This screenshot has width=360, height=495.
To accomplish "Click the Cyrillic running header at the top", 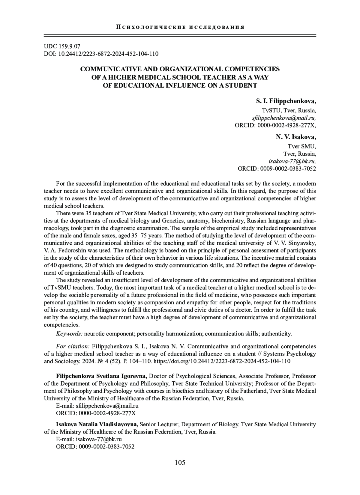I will tap(180, 27).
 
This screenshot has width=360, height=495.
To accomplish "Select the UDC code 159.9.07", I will tap(62, 46).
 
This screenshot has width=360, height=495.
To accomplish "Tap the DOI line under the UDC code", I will tap(101, 54).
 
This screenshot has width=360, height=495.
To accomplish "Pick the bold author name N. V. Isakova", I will tap(296, 137).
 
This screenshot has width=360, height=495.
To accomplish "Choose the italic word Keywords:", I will tap(69, 334).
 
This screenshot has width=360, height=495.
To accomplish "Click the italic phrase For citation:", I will tap(73, 346).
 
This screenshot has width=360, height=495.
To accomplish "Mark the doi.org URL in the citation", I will tap(222, 361).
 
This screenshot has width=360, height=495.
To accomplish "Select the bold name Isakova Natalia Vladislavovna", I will tap(97, 424).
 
